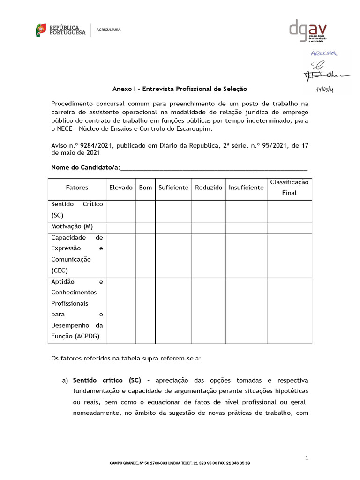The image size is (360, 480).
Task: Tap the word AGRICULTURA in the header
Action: click(108, 30)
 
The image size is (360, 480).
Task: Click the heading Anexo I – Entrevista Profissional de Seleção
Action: click(180, 89)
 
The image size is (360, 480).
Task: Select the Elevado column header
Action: click(121, 187)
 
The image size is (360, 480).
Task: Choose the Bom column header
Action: click(146, 187)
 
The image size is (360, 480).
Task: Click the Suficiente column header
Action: click(173, 187)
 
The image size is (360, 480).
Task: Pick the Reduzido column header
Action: click(209, 187)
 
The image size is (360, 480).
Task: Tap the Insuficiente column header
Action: click(246, 187)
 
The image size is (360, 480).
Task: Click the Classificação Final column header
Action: click(289, 187)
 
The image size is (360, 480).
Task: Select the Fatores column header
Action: click(77, 187)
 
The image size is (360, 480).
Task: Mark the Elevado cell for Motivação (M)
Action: click(121, 228)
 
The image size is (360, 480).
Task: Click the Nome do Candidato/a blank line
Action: click(214, 168)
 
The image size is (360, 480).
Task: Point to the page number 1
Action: click(307, 457)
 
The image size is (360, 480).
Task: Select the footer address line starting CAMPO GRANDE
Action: click(180, 463)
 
